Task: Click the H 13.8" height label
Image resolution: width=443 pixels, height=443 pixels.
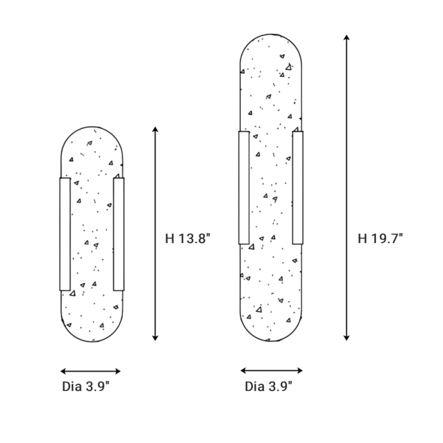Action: (188, 239)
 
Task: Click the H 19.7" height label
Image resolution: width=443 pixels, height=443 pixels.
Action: (380, 239)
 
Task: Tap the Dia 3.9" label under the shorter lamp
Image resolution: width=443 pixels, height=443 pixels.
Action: (86, 387)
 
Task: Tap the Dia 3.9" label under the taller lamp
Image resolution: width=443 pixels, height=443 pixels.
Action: (268, 387)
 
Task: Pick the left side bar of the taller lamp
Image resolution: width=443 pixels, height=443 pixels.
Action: (244, 188)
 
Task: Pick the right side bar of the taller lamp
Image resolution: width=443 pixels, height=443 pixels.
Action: (298, 188)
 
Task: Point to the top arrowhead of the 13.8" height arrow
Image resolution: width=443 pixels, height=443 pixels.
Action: (155, 129)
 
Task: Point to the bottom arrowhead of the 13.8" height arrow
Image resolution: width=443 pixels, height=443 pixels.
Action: (155, 337)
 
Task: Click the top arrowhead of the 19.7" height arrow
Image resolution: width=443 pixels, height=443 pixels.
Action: (346, 37)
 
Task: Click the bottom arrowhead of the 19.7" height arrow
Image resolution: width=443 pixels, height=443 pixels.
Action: (346, 337)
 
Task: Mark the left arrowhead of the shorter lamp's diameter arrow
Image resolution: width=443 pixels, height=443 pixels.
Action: (63, 371)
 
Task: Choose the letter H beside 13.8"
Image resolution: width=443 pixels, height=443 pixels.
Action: (170, 239)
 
